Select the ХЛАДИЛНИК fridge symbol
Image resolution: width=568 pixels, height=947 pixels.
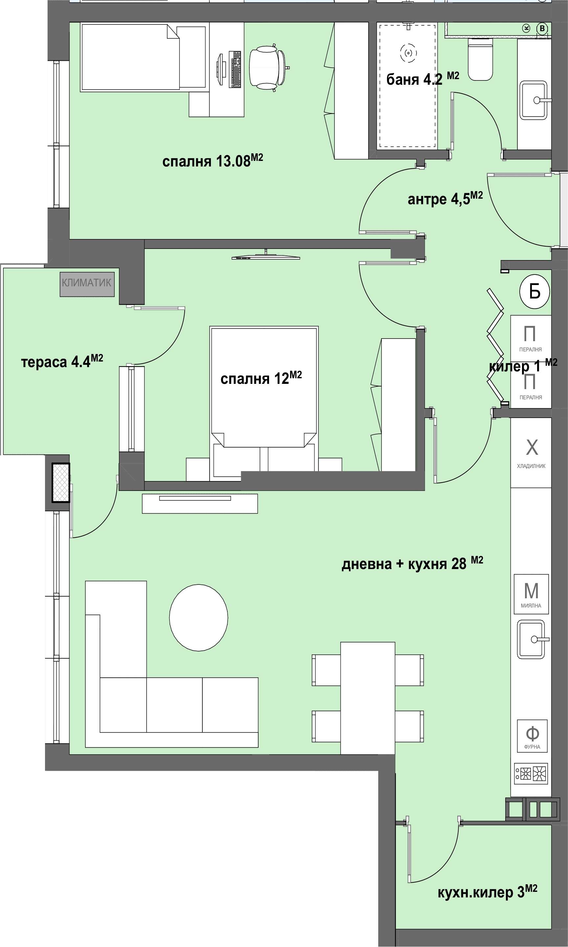[531, 452]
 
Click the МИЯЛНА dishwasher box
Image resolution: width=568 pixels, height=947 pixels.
[531, 594]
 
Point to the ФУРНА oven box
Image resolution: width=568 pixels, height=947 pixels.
[532, 736]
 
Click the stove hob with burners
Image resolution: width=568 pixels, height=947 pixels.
[531, 773]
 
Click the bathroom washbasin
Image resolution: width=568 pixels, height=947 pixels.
[534, 100]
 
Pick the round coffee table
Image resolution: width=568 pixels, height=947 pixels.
[199, 617]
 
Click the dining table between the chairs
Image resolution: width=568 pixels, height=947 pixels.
[367, 698]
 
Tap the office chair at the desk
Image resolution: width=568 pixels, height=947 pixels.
[268, 68]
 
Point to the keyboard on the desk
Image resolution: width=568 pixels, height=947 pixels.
[236, 69]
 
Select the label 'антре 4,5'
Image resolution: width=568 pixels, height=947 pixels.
[439, 199]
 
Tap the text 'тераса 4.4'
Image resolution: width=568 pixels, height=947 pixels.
[56, 362]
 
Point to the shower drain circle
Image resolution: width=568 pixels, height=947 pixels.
[409, 53]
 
